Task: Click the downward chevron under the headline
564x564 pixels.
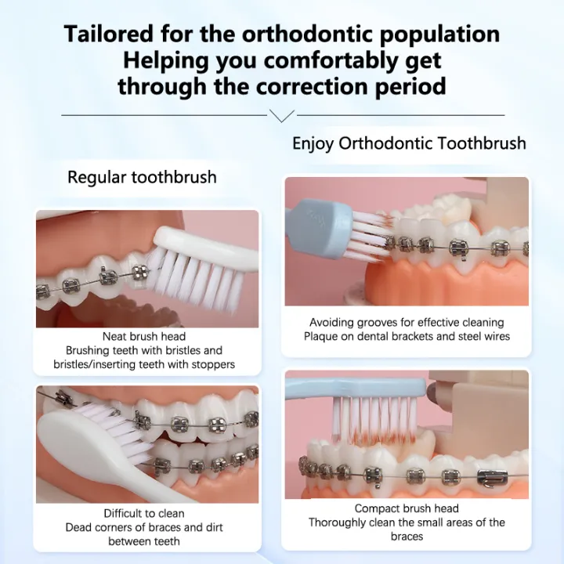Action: [281, 116]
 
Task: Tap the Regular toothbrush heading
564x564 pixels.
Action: [142, 177]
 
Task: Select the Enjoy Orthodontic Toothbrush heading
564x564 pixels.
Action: [409, 143]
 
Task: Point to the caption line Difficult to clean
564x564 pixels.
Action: [144, 514]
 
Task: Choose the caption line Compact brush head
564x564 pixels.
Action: [406, 508]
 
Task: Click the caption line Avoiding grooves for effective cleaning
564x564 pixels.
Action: [407, 323]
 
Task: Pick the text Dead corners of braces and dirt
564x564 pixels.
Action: [144, 527]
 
